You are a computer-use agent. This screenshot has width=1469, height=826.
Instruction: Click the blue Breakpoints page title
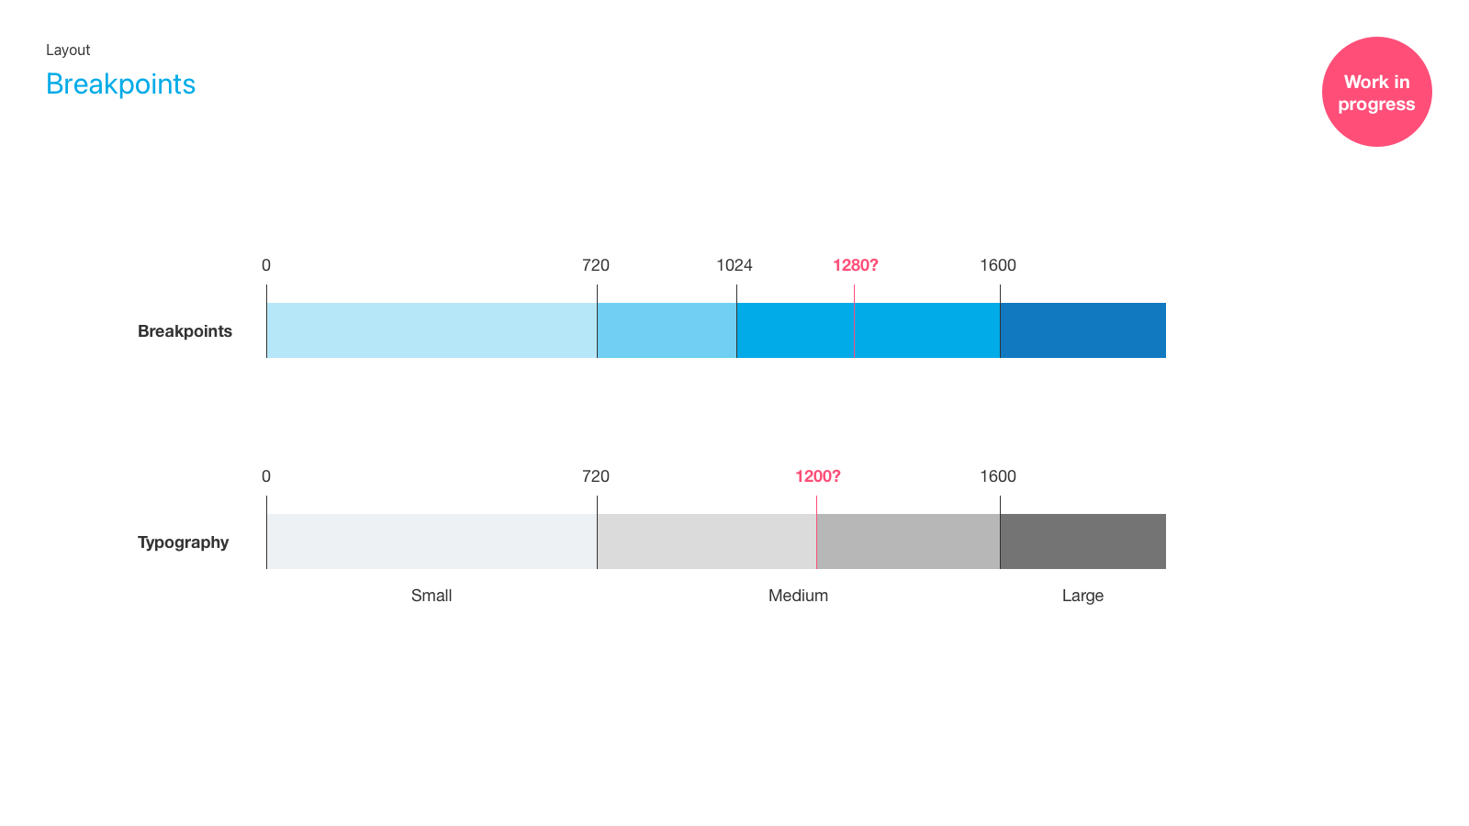click(120, 84)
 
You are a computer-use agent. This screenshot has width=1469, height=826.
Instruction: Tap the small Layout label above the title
click(68, 50)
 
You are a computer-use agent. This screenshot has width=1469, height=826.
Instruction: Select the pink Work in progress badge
click(1376, 92)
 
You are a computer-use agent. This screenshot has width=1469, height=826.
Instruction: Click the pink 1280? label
click(855, 265)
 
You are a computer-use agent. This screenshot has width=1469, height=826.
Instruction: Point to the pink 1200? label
click(818, 476)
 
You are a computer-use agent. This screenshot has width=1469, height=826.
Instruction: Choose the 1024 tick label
click(734, 265)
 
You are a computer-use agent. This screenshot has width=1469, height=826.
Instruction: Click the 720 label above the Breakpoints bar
click(596, 265)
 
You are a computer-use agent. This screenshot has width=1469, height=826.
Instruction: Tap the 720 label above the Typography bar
click(596, 476)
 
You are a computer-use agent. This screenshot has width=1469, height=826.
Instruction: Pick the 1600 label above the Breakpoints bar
click(998, 265)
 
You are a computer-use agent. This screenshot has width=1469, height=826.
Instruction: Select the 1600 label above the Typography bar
click(998, 476)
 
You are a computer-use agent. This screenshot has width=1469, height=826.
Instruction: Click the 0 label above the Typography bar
click(265, 476)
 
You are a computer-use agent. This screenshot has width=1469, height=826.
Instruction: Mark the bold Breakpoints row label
click(185, 331)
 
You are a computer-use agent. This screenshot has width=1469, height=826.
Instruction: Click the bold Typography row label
click(183, 542)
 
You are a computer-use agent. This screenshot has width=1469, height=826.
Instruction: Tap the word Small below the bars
click(432, 596)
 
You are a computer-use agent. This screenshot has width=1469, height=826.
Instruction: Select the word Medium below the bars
click(798, 596)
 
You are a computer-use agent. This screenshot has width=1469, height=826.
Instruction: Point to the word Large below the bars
click(1082, 596)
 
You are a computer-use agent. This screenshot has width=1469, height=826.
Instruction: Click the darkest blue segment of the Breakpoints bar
click(1082, 330)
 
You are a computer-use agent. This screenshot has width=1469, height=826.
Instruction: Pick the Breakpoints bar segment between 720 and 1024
click(667, 330)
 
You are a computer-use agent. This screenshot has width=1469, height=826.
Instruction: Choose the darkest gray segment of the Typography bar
click(1082, 541)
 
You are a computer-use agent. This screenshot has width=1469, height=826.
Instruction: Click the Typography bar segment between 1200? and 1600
click(908, 541)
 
